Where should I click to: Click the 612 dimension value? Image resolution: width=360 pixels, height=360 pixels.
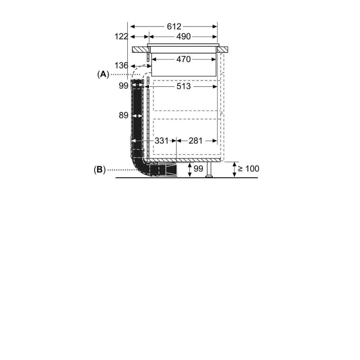[x=174, y=27]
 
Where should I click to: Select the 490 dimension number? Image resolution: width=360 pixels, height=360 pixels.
[x=184, y=36]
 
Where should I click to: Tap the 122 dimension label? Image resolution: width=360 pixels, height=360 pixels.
[x=121, y=36]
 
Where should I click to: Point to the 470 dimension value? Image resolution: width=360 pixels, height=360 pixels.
[x=184, y=59]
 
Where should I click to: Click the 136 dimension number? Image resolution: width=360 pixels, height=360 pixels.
[x=121, y=66]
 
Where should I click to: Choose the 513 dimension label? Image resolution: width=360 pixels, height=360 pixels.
[x=184, y=86]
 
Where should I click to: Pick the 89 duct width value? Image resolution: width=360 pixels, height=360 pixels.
[x=123, y=115]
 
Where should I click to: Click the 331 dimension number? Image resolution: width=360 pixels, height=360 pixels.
[x=162, y=141]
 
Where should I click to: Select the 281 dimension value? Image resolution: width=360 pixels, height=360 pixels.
[x=196, y=141]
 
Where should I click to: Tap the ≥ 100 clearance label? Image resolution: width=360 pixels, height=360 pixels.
[x=248, y=169]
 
